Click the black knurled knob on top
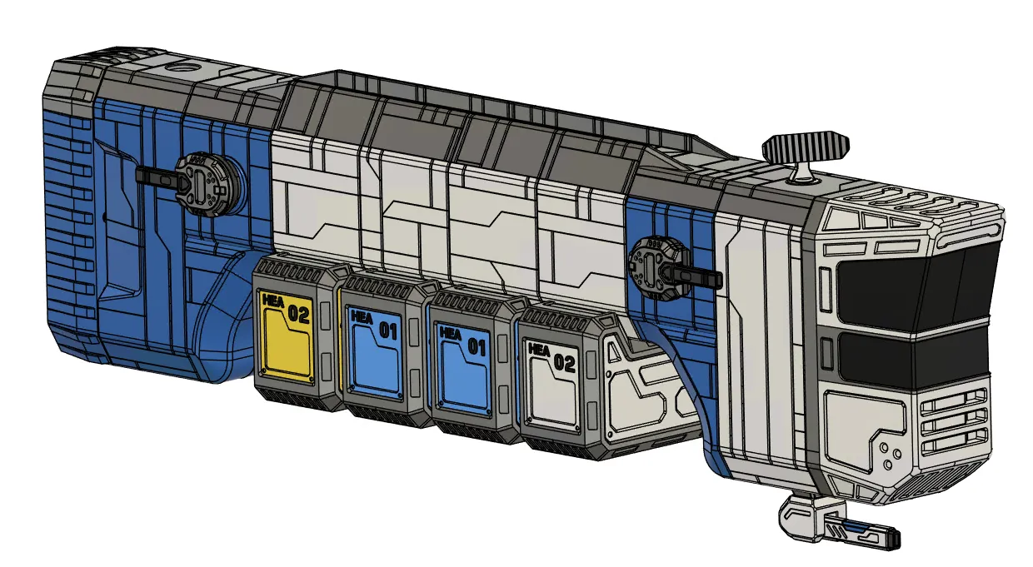click(805, 147)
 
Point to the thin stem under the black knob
click(803, 170)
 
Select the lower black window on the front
click(912, 355)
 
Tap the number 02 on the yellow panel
click(297, 315)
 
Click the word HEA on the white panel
click(539, 349)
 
